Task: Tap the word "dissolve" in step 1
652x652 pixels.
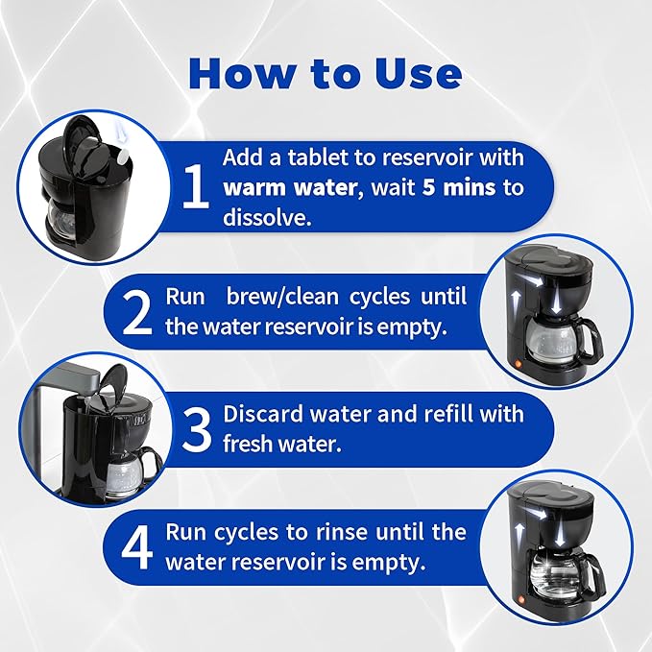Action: [265, 216]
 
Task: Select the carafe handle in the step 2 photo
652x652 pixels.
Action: [589, 336]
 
